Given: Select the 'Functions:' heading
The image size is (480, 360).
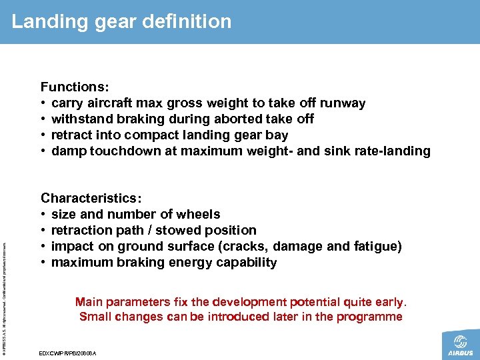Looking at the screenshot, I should pos(75,87).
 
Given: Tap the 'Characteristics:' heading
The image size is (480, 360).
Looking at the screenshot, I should pos(91,198).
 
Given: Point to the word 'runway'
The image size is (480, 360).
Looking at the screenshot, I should pos(343,103).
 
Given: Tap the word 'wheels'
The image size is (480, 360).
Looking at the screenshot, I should pos(198,214).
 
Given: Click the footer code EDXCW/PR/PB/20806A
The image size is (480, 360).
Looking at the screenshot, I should pos(69,352).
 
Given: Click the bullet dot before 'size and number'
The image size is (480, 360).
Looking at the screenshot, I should pos(43,215).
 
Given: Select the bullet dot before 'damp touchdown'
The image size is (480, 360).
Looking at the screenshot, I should pos(43,151).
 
